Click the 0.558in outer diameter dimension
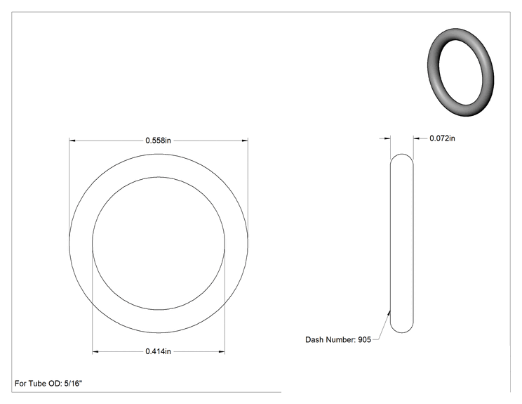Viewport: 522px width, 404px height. tap(158, 141)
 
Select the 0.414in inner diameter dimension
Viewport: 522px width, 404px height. tap(158, 351)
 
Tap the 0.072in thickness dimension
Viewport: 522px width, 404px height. tap(442, 138)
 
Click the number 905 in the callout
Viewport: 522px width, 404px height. tap(365, 339)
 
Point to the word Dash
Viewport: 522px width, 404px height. tap(314, 339)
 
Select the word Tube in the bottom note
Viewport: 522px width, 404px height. tap(37, 384)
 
